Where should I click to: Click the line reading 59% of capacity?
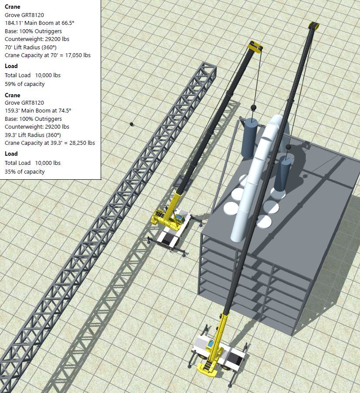pos(24,84)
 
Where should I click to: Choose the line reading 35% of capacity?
pos(24,172)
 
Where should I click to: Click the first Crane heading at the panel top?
pos(12,7)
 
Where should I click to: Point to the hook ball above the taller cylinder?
pos(252,107)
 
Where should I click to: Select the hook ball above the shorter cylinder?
pos(289,147)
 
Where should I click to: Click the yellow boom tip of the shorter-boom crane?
pos(255,47)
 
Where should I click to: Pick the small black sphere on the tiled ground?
pos(132,124)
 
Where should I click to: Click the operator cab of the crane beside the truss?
pos(177,216)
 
